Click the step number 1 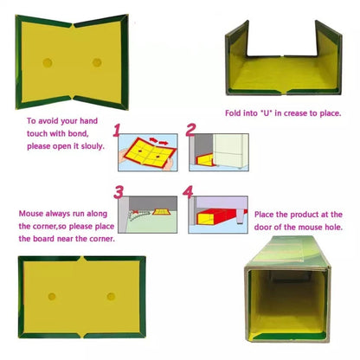coord(122,131)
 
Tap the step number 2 coord(190,131)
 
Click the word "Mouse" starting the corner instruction coord(34,211)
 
